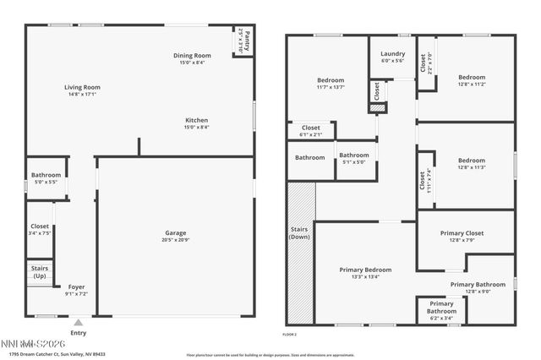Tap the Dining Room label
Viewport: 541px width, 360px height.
(194, 56)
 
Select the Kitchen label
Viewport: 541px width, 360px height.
(197, 120)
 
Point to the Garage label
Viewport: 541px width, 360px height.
(176, 233)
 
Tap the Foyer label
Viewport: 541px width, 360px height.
(77, 286)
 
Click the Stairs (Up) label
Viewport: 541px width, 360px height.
(40, 273)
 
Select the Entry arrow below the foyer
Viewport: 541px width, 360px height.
(78, 322)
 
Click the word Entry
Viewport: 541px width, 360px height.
(79, 332)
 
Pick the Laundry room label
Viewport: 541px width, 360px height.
(393, 53)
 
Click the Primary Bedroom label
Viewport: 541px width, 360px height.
(365, 270)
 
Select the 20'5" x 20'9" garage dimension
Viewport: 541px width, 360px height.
(176, 241)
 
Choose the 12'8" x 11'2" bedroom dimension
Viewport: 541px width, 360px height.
(472, 85)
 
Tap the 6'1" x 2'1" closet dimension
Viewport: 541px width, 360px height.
(311, 134)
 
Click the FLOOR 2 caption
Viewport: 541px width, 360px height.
(289, 335)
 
